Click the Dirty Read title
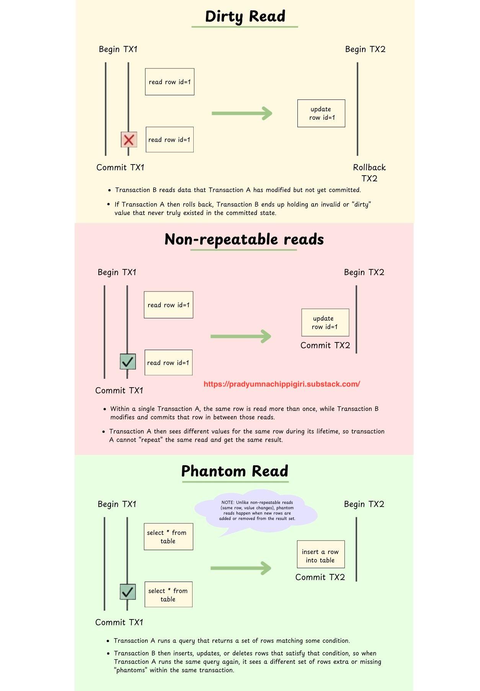(245, 16)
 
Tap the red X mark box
(129, 140)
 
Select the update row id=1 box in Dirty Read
(321, 113)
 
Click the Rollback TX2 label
(369, 173)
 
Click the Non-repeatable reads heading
(244, 240)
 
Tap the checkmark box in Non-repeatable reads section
(128, 362)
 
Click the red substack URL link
(282, 384)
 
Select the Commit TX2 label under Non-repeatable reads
(325, 345)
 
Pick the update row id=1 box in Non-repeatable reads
(325, 322)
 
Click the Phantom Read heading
(235, 471)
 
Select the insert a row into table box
(321, 554)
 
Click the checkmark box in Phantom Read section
(128, 592)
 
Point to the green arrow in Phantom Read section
(241, 568)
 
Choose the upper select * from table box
(168, 537)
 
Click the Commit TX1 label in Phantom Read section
(119, 623)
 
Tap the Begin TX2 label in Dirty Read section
(365, 49)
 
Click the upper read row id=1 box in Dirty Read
(170, 82)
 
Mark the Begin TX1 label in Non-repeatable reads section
(117, 272)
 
